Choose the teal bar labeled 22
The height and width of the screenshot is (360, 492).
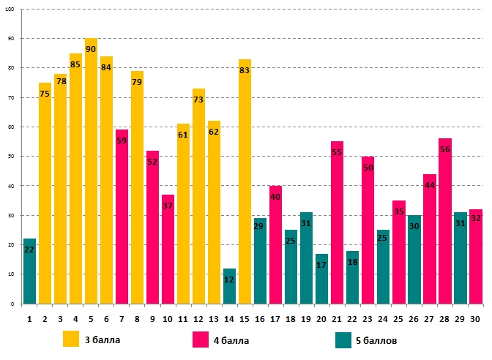(29, 271)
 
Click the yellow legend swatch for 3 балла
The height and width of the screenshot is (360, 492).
(71, 340)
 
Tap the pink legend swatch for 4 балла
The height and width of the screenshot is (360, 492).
(201, 340)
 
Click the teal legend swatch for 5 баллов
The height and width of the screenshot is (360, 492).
(343, 340)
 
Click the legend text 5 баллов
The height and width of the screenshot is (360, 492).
(384, 340)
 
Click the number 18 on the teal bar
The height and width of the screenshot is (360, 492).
(352, 262)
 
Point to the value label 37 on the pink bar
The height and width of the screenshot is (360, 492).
(168, 206)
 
